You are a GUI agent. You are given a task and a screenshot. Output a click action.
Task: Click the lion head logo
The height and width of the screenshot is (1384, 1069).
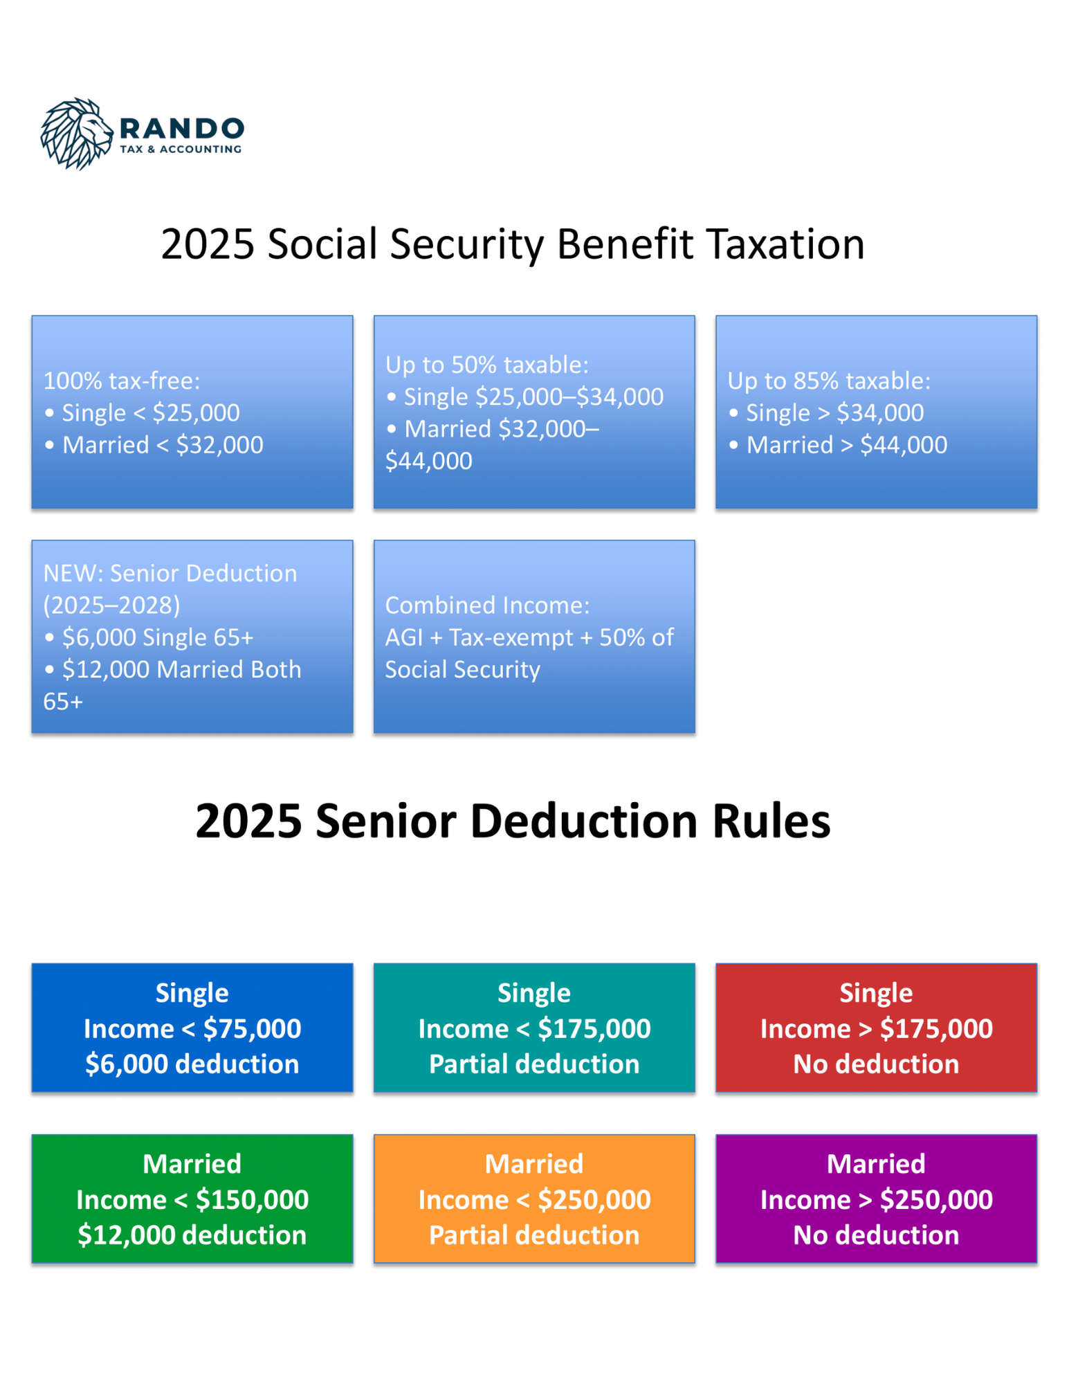[x=76, y=134]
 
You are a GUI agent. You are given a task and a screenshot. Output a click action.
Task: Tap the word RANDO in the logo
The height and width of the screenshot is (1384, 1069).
[x=182, y=128]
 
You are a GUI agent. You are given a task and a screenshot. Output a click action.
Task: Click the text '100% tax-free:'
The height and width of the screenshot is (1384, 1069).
[x=122, y=381]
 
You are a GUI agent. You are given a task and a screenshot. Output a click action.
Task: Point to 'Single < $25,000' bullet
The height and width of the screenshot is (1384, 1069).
[x=142, y=412]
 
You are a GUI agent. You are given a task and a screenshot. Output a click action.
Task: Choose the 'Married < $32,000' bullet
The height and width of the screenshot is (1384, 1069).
[x=154, y=444]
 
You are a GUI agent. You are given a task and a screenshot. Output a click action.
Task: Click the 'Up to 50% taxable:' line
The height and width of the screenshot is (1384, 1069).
[x=487, y=365]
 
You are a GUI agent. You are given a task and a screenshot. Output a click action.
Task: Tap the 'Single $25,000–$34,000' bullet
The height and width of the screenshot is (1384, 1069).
[x=525, y=397]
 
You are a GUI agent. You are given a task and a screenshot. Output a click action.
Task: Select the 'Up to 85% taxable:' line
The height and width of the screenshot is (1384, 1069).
[x=829, y=381]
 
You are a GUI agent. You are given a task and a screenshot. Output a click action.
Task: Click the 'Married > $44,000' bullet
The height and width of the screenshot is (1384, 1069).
[x=838, y=444]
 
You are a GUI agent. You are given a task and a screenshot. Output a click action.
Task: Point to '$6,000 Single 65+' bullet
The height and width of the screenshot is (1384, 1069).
[x=149, y=637]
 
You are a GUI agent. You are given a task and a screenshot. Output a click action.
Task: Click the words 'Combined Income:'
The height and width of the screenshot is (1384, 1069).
[x=488, y=605]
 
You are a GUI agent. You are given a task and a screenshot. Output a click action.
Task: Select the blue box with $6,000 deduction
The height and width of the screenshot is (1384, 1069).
[x=192, y=1028]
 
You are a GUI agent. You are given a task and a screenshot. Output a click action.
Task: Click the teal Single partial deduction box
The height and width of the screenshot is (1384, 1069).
[x=534, y=1028]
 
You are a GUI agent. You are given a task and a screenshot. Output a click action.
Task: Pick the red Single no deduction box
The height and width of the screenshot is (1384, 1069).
[x=876, y=1028]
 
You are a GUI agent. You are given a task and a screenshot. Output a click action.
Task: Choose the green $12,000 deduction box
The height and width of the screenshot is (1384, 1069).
[x=192, y=1199]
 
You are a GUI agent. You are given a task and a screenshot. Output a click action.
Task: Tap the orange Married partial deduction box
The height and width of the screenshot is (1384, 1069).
[x=534, y=1199]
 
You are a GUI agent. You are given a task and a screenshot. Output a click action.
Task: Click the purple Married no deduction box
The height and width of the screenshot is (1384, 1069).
[x=876, y=1199]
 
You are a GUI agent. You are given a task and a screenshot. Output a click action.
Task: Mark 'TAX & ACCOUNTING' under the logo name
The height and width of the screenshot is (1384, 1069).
[x=181, y=149]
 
